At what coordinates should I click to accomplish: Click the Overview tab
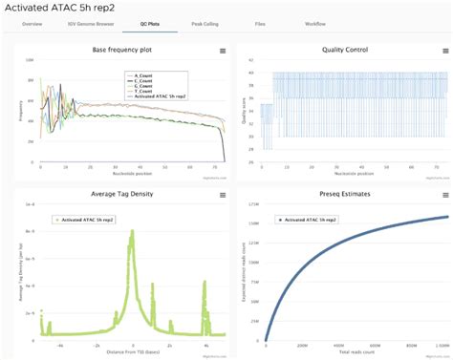tap(32, 21)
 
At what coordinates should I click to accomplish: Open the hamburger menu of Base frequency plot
tap(222, 50)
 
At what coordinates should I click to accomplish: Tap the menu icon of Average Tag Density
tap(222, 195)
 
